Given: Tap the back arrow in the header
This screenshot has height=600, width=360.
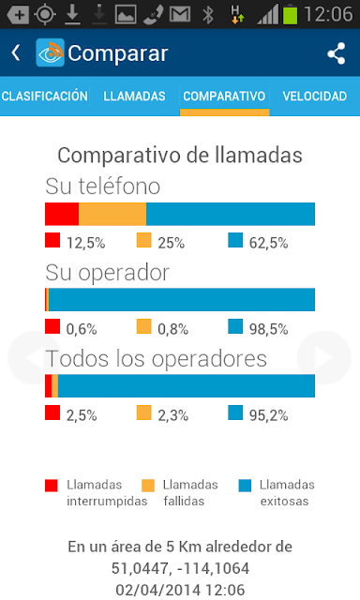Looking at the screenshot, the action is pyautogui.click(x=16, y=52).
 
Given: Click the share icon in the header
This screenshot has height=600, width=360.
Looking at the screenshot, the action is pyautogui.click(x=337, y=53).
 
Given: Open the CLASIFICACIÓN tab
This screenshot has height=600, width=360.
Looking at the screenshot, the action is pyautogui.click(x=45, y=96).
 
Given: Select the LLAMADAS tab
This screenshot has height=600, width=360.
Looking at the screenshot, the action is pyautogui.click(x=134, y=96).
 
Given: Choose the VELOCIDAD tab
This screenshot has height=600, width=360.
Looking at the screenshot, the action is pyautogui.click(x=314, y=96).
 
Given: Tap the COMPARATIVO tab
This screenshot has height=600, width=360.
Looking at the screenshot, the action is pyautogui.click(x=224, y=96).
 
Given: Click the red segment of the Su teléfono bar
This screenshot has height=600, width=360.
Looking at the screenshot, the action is pyautogui.click(x=62, y=214).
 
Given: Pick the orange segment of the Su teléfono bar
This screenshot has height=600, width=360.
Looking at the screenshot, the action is pyautogui.click(x=112, y=214).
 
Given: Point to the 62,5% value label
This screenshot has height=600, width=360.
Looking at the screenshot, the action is pyautogui.click(x=268, y=243).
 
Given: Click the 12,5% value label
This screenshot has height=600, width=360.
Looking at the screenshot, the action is pyautogui.click(x=85, y=243).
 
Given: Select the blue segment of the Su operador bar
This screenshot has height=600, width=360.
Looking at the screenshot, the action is pyautogui.click(x=182, y=300).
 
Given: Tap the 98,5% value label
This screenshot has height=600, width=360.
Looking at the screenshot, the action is pyautogui.click(x=268, y=329).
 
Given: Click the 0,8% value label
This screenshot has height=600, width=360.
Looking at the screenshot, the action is pyautogui.click(x=172, y=329).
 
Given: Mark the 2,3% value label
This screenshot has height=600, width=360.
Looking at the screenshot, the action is pyautogui.click(x=172, y=415).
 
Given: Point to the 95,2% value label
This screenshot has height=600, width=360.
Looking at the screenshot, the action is pyautogui.click(x=268, y=415).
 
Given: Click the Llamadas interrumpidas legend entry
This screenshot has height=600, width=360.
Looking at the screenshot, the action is pyautogui.click(x=96, y=493).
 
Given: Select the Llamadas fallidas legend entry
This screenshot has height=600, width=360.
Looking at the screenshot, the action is pyautogui.click(x=179, y=493).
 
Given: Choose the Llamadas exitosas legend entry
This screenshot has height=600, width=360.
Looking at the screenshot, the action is pyautogui.click(x=277, y=493).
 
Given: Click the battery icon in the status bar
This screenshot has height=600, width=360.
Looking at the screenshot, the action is pyautogui.click(x=290, y=14).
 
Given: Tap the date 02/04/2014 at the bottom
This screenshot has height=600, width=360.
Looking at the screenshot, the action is pyautogui.click(x=158, y=590).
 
